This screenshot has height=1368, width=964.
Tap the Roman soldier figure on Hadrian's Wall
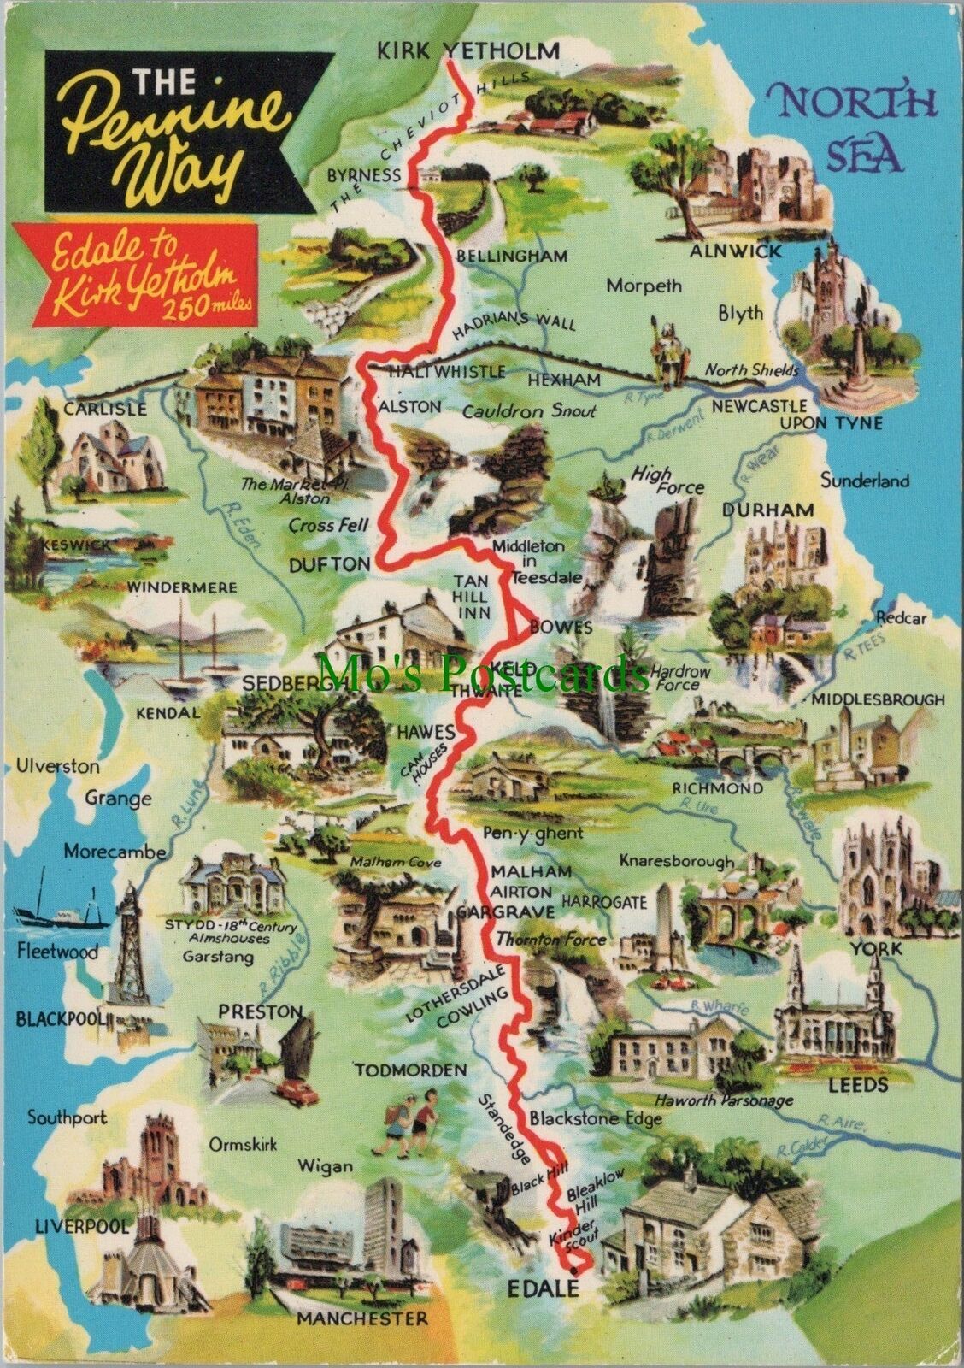pos(665,352)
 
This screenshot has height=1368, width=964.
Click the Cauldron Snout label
pos(529,411)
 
